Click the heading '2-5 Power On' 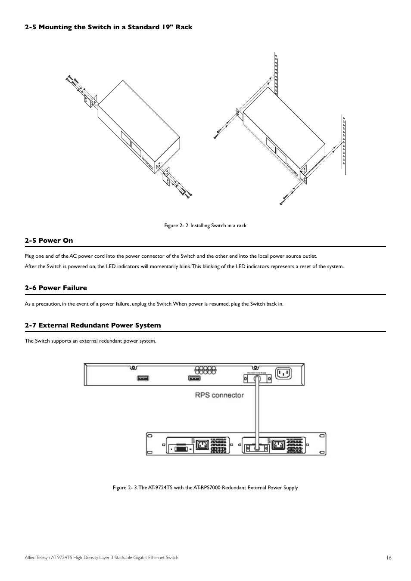click(x=49, y=241)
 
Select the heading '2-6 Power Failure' click(x=56, y=288)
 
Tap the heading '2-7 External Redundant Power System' click(x=93, y=325)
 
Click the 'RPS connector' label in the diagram click(x=219, y=395)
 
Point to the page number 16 click(x=389, y=558)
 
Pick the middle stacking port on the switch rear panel click(x=194, y=378)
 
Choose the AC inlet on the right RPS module click(x=278, y=445)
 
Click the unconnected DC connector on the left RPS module click(x=181, y=448)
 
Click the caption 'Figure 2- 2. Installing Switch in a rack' click(x=205, y=226)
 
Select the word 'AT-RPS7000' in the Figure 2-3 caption click(x=207, y=488)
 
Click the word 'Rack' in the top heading click(x=184, y=27)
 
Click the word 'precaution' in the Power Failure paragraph click(x=47, y=304)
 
